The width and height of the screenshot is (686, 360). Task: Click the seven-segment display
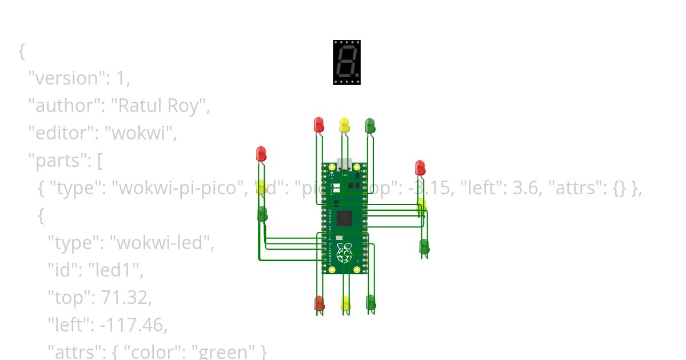click(x=347, y=62)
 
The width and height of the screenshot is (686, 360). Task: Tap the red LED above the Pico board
click(x=318, y=124)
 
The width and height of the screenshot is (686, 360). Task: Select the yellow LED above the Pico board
click(x=344, y=125)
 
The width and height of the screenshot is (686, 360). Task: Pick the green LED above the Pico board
click(x=370, y=125)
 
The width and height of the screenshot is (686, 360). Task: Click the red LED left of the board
click(x=261, y=154)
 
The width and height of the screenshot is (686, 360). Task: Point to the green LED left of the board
click(x=262, y=214)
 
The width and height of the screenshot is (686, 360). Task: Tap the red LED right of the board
click(x=420, y=167)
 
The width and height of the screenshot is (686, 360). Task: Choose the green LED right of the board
click(x=424, y=246)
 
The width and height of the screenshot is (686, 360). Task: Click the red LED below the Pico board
click(x=319, y=303)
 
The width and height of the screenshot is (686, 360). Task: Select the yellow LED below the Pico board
click(x=345, y=303)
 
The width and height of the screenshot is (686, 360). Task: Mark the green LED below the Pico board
click(x=370, y=302)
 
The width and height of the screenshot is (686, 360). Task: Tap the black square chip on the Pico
click(x=345, y=218)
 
